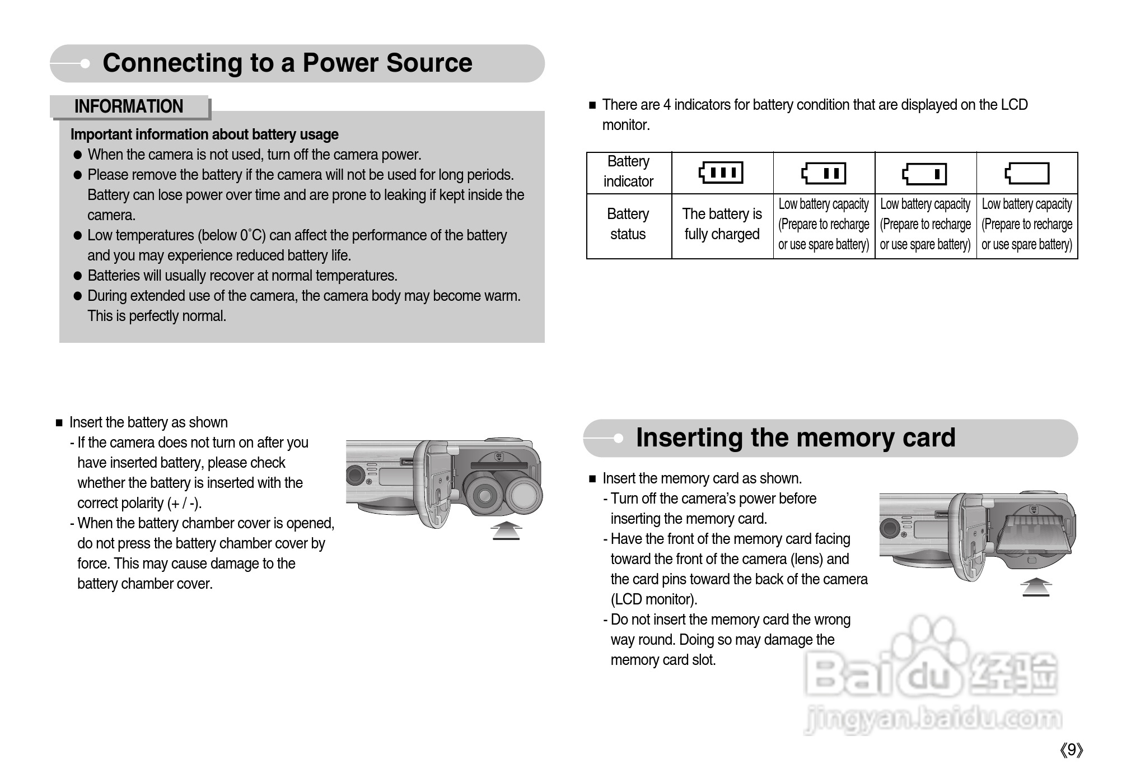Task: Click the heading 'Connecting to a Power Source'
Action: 287,63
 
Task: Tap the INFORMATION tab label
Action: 129,106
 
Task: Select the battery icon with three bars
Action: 721,173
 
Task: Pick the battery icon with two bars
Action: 824,173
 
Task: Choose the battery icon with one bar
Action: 925,174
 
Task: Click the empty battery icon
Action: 1027,173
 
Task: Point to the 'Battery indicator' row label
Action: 628,171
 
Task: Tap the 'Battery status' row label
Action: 628,224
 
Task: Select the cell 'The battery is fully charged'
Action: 722,224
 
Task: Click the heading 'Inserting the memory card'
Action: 796,437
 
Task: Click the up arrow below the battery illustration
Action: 506,530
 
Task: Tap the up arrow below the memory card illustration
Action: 1036,586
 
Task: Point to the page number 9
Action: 1071,750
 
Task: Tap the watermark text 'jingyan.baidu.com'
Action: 933,719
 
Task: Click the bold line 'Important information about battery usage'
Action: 204,134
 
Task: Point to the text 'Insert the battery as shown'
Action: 148,422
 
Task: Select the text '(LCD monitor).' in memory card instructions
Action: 653,599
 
